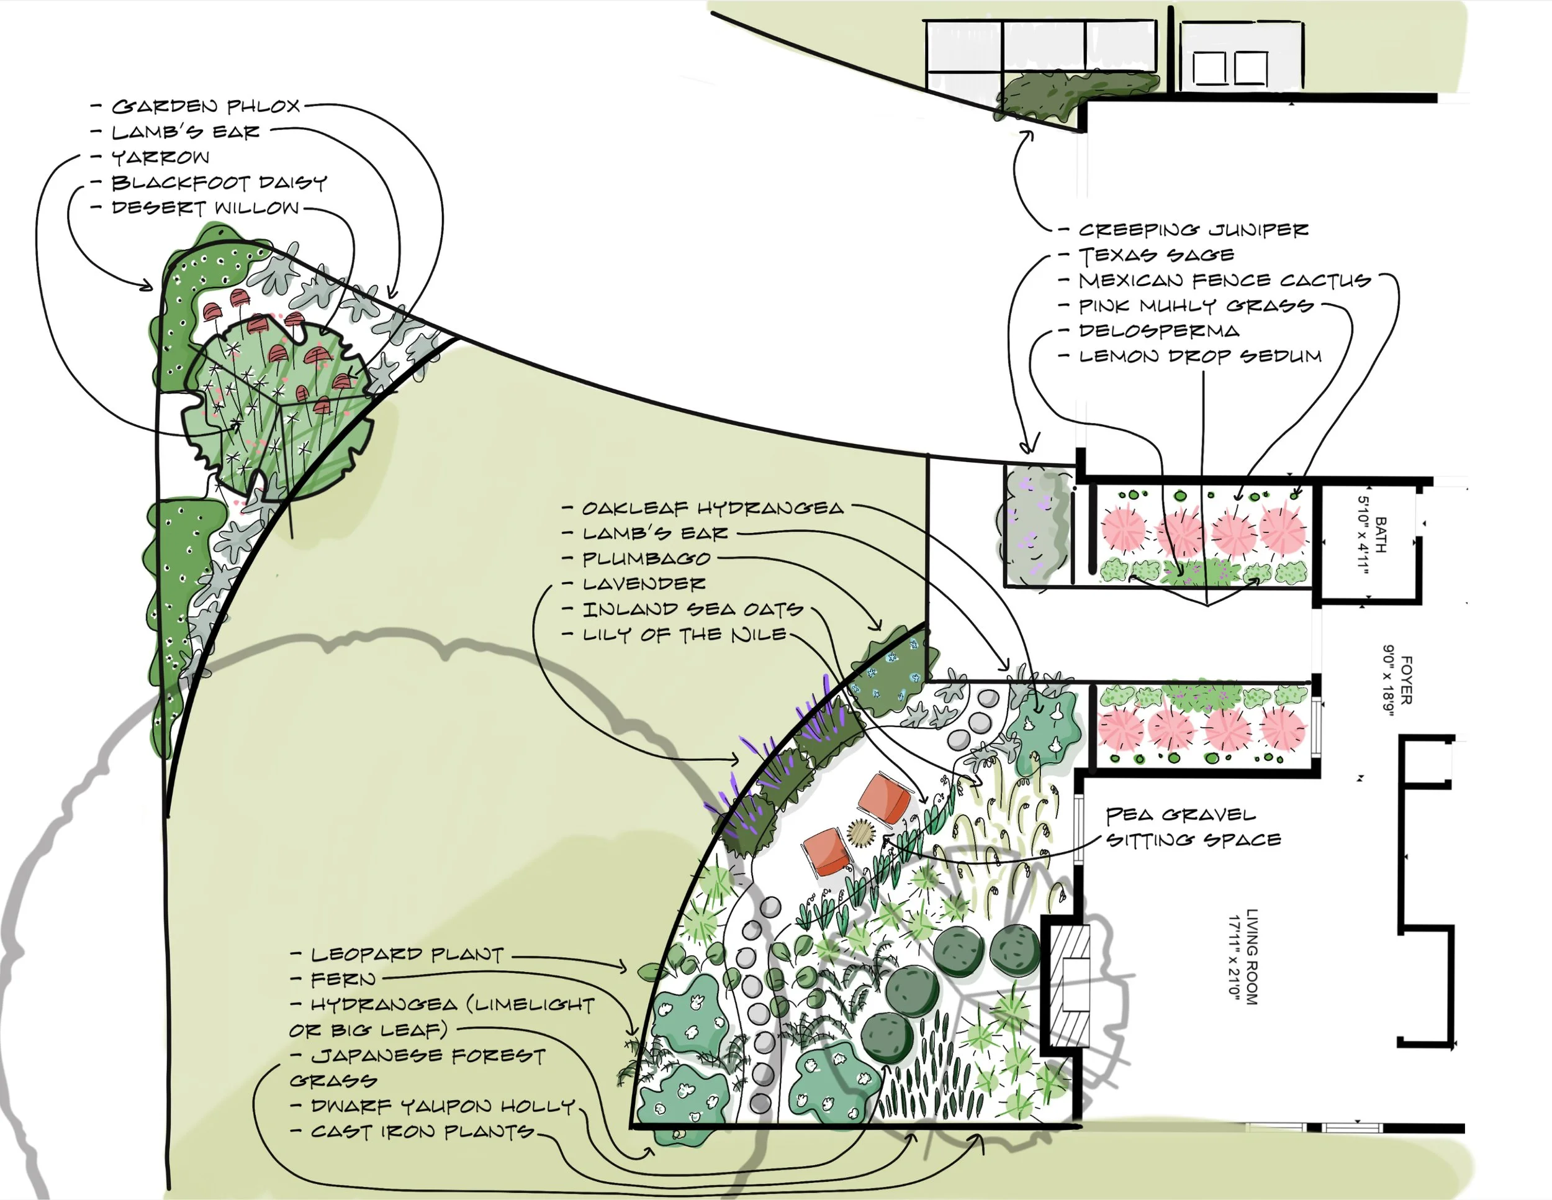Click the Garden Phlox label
206,107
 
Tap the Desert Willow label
206,208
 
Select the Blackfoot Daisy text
219,183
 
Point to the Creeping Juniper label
1193,230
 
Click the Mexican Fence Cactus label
1224,281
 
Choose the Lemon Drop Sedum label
1200,356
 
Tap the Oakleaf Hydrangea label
713,508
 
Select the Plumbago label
646,559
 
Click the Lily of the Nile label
684,634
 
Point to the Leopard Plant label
407,954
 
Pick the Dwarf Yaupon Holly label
443,1106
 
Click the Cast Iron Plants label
422,1131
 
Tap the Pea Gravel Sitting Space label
1193,827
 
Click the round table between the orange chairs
862,832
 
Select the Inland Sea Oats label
693,609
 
